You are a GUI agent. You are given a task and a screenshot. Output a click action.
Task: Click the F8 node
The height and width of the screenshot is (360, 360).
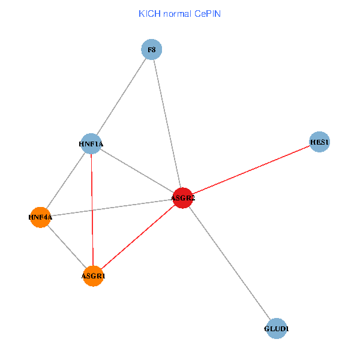[x=152, y=49]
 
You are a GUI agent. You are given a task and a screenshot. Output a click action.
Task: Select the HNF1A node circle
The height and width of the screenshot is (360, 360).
[x=91, y=143]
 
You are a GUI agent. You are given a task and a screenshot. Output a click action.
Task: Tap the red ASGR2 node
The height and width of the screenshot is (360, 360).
[x=182, y=197]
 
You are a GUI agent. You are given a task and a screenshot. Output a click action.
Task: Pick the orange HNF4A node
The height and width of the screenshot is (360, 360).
[x=40, y=217]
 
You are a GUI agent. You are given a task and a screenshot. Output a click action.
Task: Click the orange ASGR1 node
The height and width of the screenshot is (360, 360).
[x=93, y=276]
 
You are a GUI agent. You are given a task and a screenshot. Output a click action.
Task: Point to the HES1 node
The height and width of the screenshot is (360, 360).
[x=320, y=142]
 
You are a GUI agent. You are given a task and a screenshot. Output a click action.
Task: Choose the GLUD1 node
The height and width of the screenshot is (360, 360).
[x=277, y=329]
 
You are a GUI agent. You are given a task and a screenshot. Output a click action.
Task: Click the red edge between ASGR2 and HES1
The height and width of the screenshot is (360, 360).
[x=251, y=170]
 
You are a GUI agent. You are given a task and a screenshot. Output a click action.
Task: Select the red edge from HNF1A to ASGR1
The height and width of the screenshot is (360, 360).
[x=92, y=210]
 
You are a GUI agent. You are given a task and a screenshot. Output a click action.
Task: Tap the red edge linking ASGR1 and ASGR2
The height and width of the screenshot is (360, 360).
[x=138, y=236]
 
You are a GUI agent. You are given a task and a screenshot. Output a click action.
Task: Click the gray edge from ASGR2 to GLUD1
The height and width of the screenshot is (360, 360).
[x=229, y=263]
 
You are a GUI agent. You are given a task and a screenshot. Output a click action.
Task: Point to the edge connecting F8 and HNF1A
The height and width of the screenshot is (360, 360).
[x=121, y=96]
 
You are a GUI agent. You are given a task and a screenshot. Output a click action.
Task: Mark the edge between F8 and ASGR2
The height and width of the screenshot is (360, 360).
[x=167, y=123]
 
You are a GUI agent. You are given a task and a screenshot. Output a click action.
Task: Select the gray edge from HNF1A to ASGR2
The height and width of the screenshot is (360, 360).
[x=137, y=170]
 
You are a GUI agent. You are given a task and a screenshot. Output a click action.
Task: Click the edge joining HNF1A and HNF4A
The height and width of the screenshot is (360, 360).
[x=65, y=180]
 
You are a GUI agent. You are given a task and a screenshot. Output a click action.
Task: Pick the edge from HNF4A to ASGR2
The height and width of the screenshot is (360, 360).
[x=111, y=208]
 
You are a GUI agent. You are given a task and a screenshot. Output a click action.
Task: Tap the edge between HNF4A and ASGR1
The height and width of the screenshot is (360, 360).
[x=67, y=247]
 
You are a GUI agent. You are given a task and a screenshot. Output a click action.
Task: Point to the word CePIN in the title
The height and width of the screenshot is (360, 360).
[x=208, y=13]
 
